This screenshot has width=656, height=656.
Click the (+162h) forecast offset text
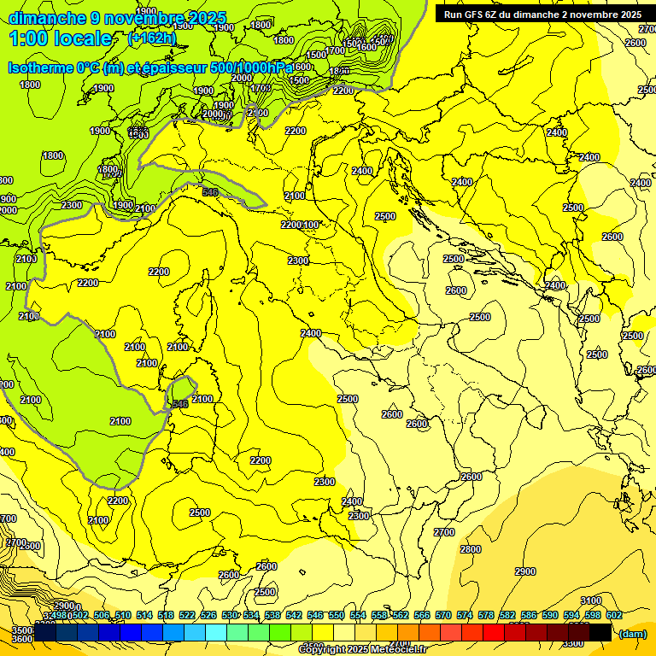[x=151, y=38]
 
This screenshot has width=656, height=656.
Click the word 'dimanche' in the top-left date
[x=46, y=17]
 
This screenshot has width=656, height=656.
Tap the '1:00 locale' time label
[x=60, y=38]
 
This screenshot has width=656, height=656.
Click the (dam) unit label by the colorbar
[x=632, y=634]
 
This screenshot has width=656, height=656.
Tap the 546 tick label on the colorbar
[x=312, y=615]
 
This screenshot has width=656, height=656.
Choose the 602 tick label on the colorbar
[x=613, y=615]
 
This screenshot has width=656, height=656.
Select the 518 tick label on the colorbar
[x=166, y=615]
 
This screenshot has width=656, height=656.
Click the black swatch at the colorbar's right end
[x=600, y=632]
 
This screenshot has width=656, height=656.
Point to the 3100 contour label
[x=590, y=600]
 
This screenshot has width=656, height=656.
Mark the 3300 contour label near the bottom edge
[x=573, y=643]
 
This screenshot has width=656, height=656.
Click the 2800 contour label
[x=470, y=549]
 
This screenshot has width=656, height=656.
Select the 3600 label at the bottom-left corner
[x=22, y=639]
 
